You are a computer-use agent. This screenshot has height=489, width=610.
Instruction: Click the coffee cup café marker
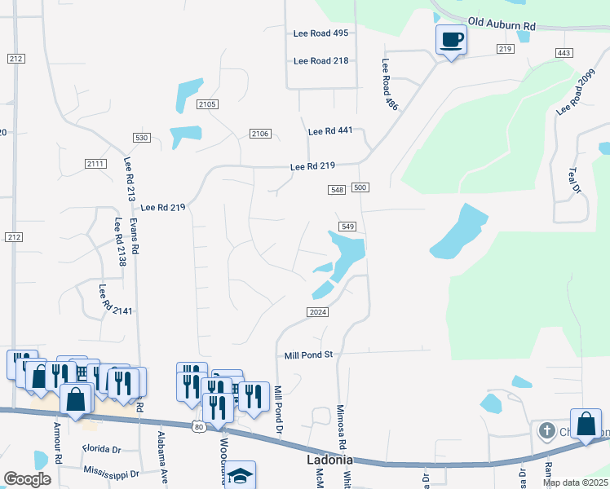(x=451, y=39)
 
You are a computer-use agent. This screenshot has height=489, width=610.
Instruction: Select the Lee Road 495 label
(x=320, y=33)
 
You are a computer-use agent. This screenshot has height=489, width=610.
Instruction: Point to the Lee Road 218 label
(x=320, y=61)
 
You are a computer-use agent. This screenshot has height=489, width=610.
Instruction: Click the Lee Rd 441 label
(x=329, y=131)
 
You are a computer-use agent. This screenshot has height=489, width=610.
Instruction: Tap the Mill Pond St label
(x=310, y=355)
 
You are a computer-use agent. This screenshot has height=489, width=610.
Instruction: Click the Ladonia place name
(x=329, y=460)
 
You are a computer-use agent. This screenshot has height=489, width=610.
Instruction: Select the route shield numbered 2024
(x=319, y=312)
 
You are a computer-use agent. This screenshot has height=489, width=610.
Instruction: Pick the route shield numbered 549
(x=347, y=227)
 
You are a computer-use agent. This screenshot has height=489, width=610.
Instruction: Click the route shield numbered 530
(x=142, y=138)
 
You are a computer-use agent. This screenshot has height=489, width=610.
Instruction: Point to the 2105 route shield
(x=207, y=104)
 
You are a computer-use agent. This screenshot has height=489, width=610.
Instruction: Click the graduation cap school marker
(x=241, y=475)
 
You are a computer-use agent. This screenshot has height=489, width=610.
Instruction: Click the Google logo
(x=27, y=478)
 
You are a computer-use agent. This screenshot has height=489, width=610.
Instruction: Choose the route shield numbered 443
(x=564, y=53)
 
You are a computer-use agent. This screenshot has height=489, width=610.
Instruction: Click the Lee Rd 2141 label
(x=104, y=299)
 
